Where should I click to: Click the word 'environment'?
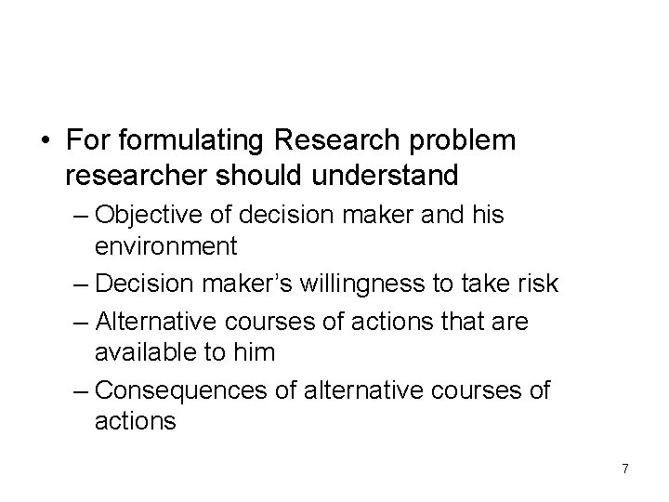click(x=166, y=247)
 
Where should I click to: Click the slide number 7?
click(x=625, y=469)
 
